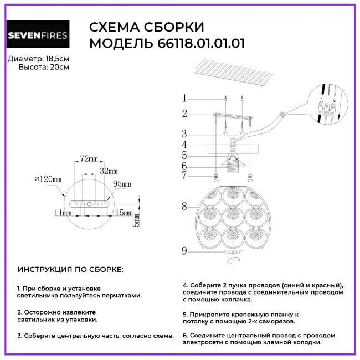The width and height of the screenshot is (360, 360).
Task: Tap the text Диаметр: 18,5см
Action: click(39, 59)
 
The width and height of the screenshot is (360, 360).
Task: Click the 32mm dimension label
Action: click(109, 171)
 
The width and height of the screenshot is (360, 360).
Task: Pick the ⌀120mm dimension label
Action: click(48, 179)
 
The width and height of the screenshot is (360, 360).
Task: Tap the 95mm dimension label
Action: click(122, 184)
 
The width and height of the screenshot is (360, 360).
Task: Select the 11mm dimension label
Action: click(63, 212)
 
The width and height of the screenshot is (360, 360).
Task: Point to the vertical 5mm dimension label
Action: click(135, 221)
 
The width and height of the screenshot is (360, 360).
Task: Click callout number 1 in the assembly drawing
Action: click(185, 99)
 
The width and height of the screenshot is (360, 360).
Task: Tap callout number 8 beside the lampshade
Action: click(185, 207)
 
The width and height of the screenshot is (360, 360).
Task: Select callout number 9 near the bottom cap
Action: click(185, 251)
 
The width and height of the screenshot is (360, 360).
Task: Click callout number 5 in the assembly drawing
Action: click(185, 156)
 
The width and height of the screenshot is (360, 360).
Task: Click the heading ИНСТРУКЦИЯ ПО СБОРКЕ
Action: click(71, 270)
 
